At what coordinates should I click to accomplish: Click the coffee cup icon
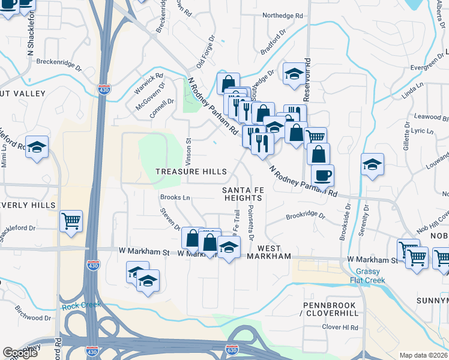coord(322,175)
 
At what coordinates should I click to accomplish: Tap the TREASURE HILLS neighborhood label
coord(191,172)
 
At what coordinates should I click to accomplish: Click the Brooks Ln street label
coord(175,197)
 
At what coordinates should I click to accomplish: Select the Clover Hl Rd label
coord(340,328)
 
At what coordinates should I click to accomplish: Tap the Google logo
coord(20,353)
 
